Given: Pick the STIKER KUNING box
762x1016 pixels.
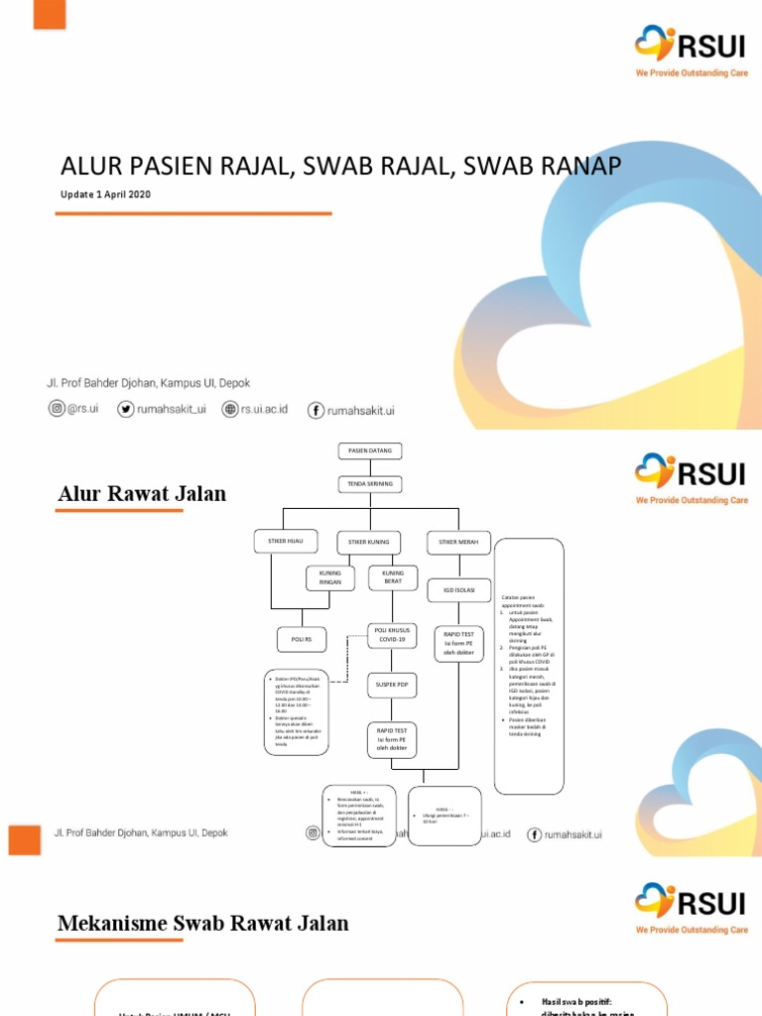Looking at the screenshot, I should (x=370, y=542).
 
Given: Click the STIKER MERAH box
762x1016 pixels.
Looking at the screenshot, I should (x=457, y=542).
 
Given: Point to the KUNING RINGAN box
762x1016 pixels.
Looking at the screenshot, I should (x=329, y=578).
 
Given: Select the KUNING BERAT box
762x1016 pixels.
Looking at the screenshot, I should (x=392, y=578).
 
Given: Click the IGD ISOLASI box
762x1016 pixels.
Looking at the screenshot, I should (x=457, y=590).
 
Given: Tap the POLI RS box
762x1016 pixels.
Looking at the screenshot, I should (x=301, y=640).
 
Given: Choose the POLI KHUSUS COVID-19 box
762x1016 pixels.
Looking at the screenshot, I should (x=392, y=635).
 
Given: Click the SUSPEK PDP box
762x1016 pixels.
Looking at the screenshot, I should (x=392, y=685).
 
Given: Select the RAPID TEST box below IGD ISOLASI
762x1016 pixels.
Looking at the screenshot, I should (x=457, y=643).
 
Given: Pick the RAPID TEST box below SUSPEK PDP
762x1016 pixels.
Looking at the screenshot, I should (x=392, y=739).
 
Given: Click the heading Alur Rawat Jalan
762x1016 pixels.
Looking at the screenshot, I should (x=142, y=494).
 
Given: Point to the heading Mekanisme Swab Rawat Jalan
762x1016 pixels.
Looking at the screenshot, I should (x=203, y=924).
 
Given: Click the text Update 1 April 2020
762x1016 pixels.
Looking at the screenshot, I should (x=105, y=193).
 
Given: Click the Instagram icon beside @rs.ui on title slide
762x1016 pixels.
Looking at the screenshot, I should (x=56, y=409).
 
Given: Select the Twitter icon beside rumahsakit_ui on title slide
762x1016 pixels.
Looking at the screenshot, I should (x=125, y=409).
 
